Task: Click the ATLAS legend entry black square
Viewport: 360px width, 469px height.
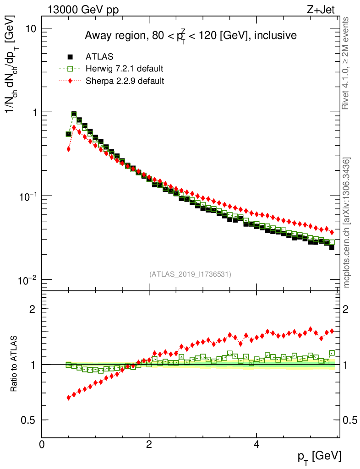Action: [70, 57]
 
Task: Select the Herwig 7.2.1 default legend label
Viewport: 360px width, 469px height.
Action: [125, 69]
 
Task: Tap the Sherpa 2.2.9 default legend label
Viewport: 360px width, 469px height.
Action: [125, 81]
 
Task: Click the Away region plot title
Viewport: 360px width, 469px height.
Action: [191, 35]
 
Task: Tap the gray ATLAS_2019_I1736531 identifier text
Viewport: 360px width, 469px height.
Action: [190, 274]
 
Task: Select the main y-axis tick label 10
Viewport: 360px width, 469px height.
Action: [30, 28]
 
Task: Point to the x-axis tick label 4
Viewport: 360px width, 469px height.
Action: [256, 444]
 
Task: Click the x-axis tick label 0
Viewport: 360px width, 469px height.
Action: [42, 444]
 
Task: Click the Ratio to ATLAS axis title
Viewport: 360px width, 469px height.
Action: [14, 365]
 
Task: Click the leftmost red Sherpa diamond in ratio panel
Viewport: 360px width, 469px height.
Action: [69, 398]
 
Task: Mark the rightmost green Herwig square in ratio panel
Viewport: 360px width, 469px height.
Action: [332, 353]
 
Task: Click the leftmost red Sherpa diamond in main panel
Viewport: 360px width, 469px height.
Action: [69, 149]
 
